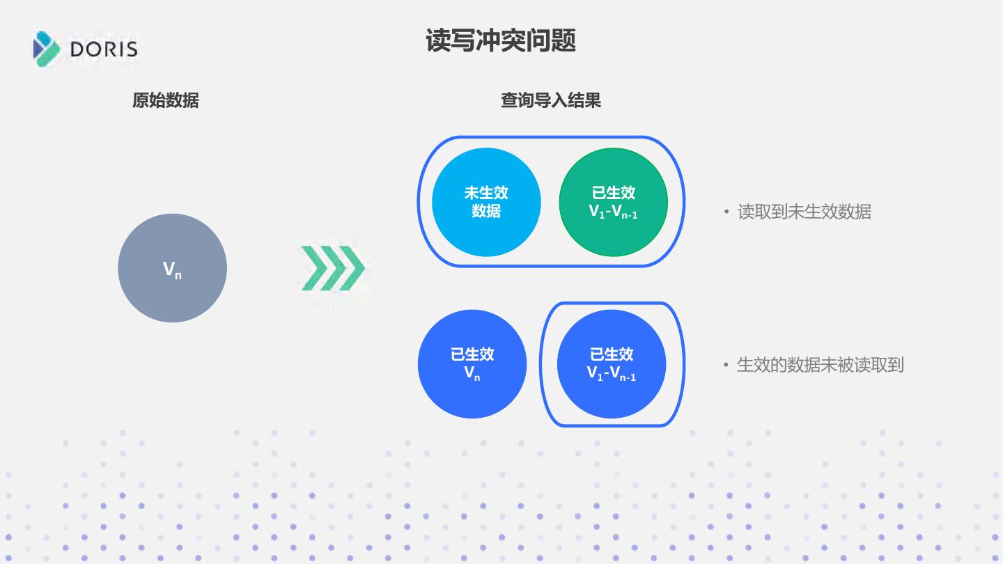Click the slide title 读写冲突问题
(500, 41)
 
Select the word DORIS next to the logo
(104, 49)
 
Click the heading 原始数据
(165, 100)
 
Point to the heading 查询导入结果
(550, 100)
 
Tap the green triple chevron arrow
(333, 268)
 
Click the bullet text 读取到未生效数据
(804, 212)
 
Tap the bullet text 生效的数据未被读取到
(820, 365)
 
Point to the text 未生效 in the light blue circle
(486, 193)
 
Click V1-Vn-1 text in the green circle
(613, 212)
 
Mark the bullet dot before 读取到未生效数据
(726, 212)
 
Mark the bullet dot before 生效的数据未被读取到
(726, 365)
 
